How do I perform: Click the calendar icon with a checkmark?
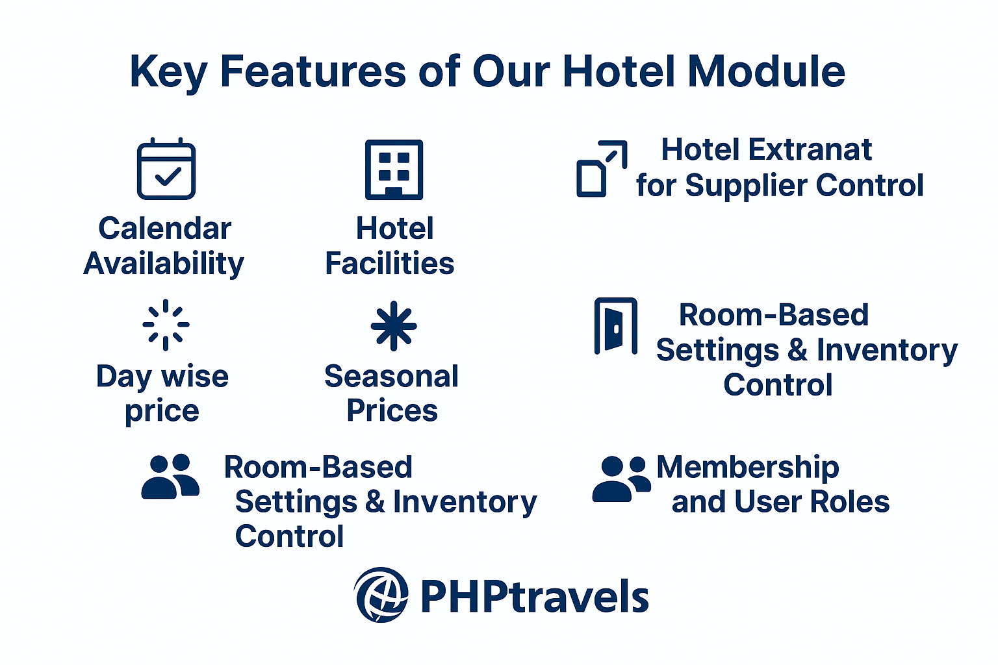pyautogui.click(x=166, y=169)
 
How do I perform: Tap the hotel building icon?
pyautogui.click(x=394, y=169)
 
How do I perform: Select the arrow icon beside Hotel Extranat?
pyautogui.click(x=602, y=169)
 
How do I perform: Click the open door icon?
pyautogui.click(x=616, y=325)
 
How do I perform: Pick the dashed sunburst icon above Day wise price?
pyautogui.click(x=166, y=325)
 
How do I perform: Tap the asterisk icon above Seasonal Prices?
pyautogui.click(x=393, y=325)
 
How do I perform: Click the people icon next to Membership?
pyautogui.click(x=622, y=479)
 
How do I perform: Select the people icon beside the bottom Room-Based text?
pyautogui.click(x=170, y=477)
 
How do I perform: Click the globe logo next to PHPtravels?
pyautogui.click(x=381, y=595)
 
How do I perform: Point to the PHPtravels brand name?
pyautogui.click(x=535, y=596)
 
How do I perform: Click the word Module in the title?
pyautogui.click(x=766, y=71)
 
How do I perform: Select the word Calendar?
pyautogui.click(x=165, y=229)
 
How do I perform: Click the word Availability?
pyautogui.click(x=164, y=264)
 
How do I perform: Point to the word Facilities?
pyautogui.click(x=390, y=263)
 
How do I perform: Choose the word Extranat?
pyautogui.click(x=810, y=149)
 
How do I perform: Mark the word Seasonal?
pyautogui.click(x=392, y=377)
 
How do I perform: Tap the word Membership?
pyautogui.click(x=748, y=468)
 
